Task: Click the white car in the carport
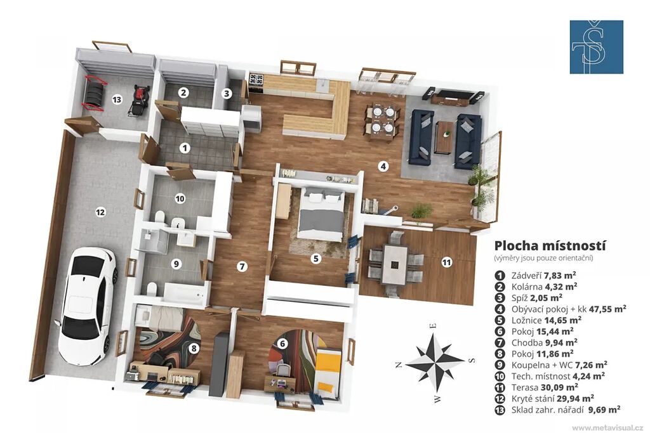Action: [x=88, y=305]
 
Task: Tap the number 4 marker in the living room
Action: [x=384, y=166]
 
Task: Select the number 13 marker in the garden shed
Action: [x=117, y=100]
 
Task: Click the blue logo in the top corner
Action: [x=596, y=47]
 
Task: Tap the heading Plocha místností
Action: [x=550, y=245]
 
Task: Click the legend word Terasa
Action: [x=525, y=387]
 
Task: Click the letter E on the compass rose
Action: [x=433, y=325]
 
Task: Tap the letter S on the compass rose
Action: [x=472, y=360]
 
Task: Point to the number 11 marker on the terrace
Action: [x=446, y=262]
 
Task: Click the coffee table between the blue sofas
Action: [x=445, y=137]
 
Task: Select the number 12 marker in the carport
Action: [x=100, y=212]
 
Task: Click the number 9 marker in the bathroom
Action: [x=176, y=264]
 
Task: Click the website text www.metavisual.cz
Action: [x=607, y=427]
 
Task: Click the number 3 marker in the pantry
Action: [x=227, y=94]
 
